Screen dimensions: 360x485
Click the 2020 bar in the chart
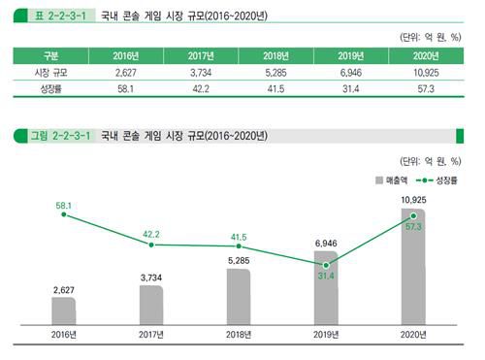click(x=413, y=272)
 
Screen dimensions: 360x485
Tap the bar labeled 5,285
click(x=239, y=296)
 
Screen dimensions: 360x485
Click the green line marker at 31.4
click(x=326, y=264)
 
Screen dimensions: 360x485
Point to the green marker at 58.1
click(x=64, y=214)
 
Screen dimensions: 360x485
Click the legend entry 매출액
click(x=388, y=180)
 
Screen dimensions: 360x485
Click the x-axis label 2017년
click(x=151, y=337)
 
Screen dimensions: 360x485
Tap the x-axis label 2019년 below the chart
click(x=326, y=337)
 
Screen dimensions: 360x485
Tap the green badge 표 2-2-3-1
click(x=55, y=16)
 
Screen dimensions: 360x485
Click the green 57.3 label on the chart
click(x=413, y=227)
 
